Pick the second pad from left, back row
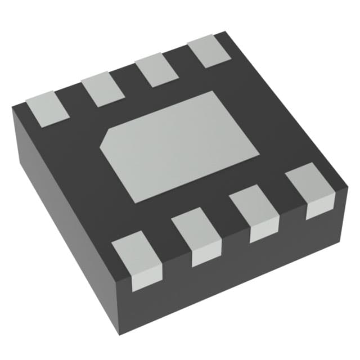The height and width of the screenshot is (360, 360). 103,89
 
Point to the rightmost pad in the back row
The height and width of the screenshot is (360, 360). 208,51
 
